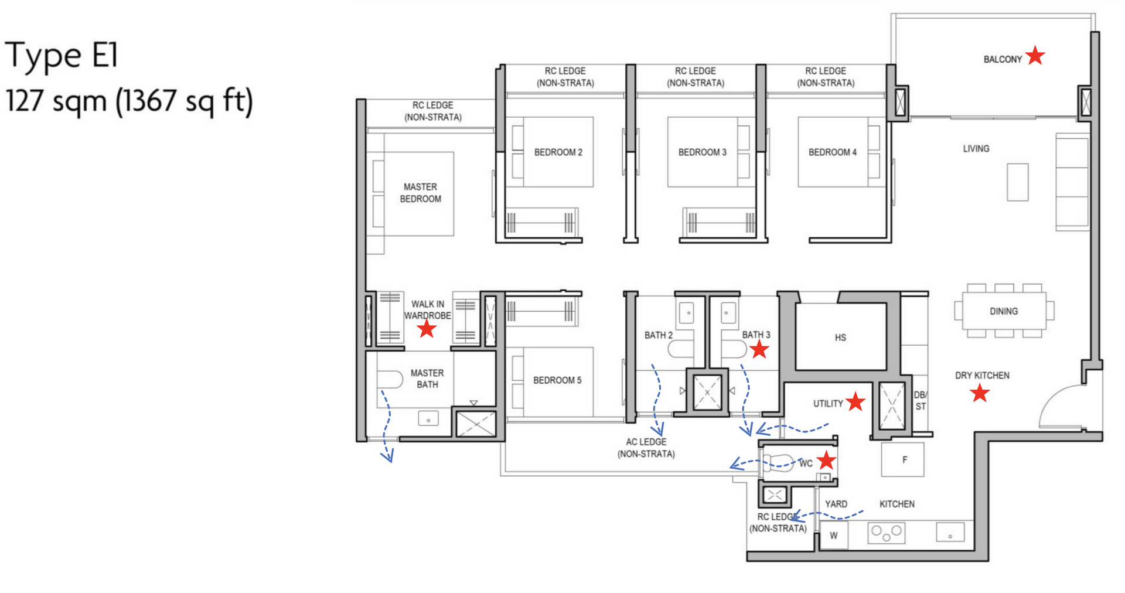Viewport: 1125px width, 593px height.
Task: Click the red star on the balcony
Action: [1035, 56]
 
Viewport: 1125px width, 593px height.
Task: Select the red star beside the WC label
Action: [826, 461]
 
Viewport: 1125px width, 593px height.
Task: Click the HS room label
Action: [840, 338]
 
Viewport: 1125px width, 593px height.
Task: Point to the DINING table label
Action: [1004, 311]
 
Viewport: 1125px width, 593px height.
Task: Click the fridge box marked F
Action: [903, 459]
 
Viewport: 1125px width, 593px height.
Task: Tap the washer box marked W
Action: [833, 535]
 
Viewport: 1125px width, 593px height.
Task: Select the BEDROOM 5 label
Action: [557, 380]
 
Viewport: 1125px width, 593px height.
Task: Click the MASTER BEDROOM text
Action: [420, 193]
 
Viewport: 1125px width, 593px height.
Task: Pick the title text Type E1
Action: [62, 55]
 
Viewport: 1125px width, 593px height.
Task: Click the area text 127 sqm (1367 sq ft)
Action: [129, 101]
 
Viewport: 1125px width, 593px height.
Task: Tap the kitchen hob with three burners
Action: [886, 533]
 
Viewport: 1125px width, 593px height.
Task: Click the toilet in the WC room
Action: [779, 463]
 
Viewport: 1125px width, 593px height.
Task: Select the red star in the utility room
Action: [855, 401]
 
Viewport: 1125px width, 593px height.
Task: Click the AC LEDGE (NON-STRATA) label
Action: [646, 448]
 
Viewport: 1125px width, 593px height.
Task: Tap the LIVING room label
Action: [976, 149]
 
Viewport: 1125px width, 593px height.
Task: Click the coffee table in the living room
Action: [1017, 182]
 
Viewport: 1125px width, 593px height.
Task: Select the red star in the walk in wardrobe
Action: [427, 329]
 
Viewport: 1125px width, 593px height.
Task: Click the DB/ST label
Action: [921, 400]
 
